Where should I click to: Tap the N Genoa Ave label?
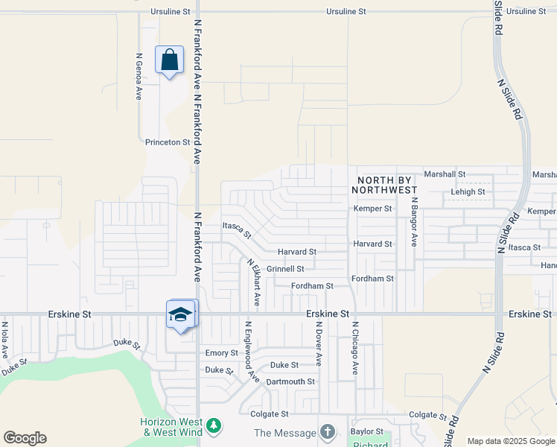click(139, 76)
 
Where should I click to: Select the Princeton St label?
click(163, 142)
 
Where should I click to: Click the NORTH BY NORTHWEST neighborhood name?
click(387, 185)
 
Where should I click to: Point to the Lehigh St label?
click(468, 191)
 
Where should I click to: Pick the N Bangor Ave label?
click(414, 222)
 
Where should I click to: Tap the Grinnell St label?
click(286, 269)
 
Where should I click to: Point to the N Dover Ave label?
click(318, 343)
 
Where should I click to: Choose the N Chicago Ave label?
click(356, 348)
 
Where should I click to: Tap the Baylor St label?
click(366, 431)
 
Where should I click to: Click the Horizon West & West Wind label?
click(171, 427)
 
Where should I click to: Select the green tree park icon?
click(214, 426)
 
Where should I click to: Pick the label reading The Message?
click(285, 433)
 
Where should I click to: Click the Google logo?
click(25, 438)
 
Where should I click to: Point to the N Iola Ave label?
click(5, 338)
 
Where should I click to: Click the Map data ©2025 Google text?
click(511, 441)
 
